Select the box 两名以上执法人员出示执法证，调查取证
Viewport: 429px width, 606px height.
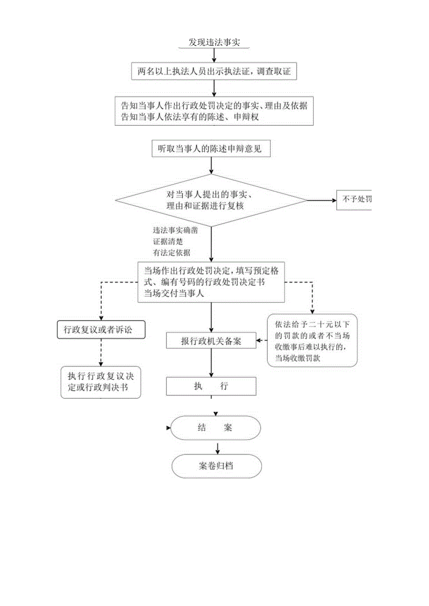click(214, 71)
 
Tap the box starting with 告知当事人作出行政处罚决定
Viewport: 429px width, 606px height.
click(214, 111)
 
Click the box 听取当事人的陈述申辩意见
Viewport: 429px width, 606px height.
click(210, 149)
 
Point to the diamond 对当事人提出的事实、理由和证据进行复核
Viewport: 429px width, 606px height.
click(211, 200)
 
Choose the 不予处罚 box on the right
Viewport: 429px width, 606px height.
click(355, 200)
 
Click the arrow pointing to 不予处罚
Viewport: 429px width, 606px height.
click(322, 200)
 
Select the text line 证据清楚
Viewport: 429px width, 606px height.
click(167, 242)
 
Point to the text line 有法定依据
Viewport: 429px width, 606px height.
click(171, 252)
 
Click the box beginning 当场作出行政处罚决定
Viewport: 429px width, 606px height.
click(211, 282)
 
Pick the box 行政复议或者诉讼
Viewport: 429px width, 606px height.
click(101, 330)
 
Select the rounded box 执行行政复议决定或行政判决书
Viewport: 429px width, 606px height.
click(101, 381)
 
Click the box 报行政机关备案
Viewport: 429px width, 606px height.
click(211, 341)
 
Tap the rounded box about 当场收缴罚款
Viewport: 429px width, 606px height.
click(312, 340)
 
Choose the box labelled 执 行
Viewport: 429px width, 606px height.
click(211, 386)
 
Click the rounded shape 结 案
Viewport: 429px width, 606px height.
click(215, 428)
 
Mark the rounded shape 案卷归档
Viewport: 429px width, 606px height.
click(217, 466)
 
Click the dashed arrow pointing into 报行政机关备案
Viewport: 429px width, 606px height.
click(262, 340)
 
